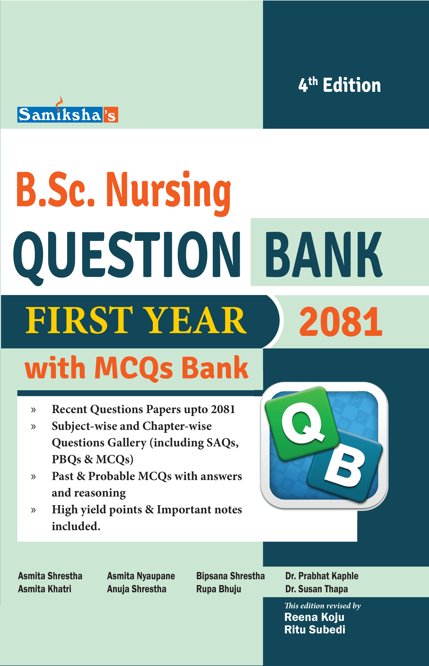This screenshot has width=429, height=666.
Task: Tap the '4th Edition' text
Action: [339, 85]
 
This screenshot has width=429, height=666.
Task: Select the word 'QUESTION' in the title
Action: [127, 255]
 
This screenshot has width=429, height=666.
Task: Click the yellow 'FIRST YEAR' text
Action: [136, 320]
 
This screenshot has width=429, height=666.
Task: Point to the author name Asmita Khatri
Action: [45, 589]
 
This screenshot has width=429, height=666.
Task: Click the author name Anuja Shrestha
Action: [137, 589]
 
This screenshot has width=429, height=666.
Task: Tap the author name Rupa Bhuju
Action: [219, 589]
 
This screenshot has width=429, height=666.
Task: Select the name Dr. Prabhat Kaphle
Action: [322, 576]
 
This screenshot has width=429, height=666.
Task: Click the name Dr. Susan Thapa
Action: [316, 589]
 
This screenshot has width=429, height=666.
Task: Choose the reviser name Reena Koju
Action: [314, 617]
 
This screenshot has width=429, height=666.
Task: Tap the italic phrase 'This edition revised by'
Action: [323, 606]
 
